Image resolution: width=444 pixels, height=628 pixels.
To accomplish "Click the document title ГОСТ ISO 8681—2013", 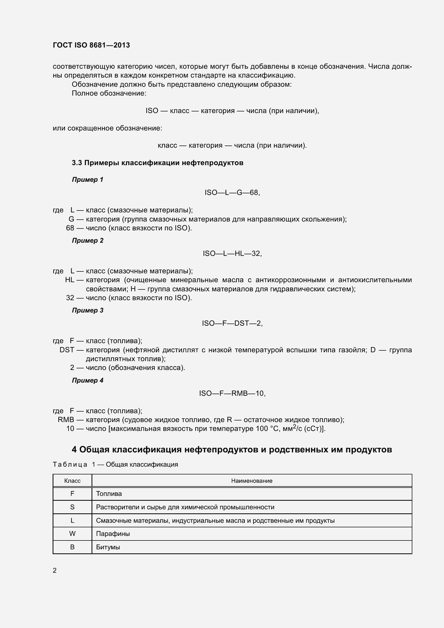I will (91, 45).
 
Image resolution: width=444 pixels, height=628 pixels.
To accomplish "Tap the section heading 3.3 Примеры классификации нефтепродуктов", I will (158, 163).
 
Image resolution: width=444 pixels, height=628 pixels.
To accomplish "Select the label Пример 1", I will (88, 180).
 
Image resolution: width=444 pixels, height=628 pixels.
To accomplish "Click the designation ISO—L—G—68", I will (232, 193).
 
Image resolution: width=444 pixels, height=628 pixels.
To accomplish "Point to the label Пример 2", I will (88, 240).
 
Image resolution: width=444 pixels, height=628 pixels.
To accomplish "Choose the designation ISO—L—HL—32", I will (232, 253).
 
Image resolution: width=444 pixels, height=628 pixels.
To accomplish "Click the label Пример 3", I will (88, 310).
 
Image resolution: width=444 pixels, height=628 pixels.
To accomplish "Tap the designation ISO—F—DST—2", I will (232, 323).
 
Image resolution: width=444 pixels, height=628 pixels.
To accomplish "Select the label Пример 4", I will (88, 380).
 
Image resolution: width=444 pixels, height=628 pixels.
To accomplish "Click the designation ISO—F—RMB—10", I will (232, 393).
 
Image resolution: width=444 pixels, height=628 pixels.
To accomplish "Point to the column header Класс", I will (72, 481).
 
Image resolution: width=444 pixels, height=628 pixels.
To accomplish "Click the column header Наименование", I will (252, 481).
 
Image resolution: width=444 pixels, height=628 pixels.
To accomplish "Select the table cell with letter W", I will (72, 534).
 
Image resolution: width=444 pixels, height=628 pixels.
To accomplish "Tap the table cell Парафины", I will (113, 534).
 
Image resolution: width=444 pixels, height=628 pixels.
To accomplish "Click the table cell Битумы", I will (108, 547).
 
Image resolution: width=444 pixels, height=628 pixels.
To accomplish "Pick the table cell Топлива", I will (109, 494).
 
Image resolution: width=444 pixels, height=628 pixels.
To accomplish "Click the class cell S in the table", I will (72, 507).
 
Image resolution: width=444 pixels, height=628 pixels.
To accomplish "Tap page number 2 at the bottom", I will (55, 570).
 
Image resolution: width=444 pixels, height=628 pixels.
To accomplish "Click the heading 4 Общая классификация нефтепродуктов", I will (232, 449).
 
